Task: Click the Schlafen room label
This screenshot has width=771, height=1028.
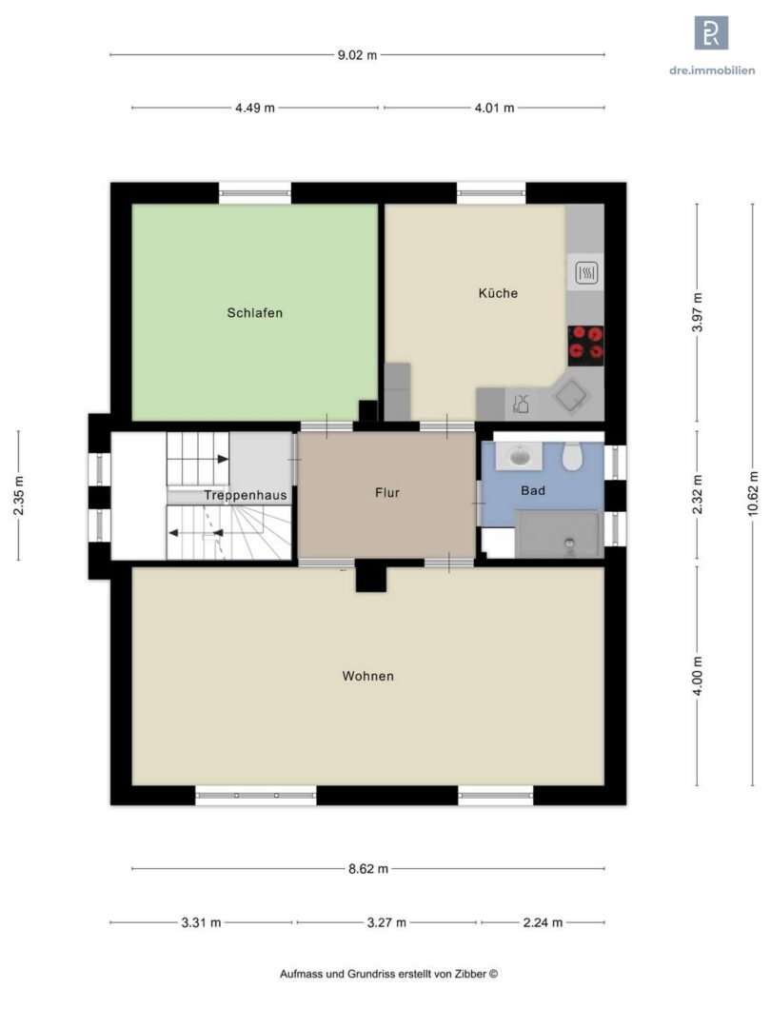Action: tap(254, 313)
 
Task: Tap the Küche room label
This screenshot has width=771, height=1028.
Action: tap(498, 293)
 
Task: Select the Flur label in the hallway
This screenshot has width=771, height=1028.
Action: tap(386, 492)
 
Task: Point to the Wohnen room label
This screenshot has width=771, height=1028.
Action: tap(367, 676)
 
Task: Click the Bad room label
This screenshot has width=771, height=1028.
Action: tap(532, 490)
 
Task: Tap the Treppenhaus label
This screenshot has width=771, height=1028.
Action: tap(246, 495)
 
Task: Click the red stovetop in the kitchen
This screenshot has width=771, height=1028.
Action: tap(585, 345)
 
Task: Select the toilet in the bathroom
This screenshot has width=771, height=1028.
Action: tap(572, 456)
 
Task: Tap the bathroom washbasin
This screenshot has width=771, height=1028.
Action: tap(519, 456)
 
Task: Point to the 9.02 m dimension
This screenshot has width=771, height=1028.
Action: tap(357, 55)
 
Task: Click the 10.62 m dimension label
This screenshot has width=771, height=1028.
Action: tap(753, 494)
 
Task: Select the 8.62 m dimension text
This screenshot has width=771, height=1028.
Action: tap(367, 869)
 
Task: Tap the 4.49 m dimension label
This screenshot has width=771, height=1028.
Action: tap(255, 108)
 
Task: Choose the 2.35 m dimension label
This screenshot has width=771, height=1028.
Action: tap(18, 495)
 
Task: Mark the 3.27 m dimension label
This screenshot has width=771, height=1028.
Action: tap(386, 922)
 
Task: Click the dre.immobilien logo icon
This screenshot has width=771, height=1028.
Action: tap(711, 32)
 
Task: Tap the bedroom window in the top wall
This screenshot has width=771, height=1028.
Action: tap(254, 192)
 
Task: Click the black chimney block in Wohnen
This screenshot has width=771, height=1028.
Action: tap(371, 579)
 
